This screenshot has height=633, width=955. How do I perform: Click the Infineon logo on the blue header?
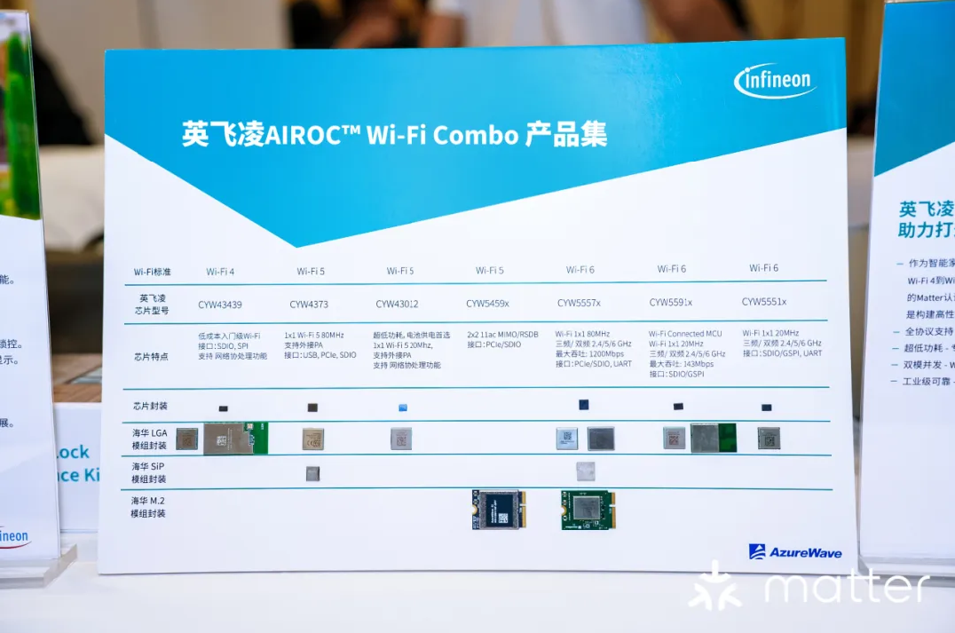(x=774, y=82)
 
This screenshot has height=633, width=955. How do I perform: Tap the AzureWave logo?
(x=794, y=552)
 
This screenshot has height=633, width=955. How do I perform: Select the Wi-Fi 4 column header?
(x=220, y=271)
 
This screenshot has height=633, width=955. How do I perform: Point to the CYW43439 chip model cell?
(x=220, y=304)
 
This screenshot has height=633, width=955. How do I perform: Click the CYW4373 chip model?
(x=310, y=305)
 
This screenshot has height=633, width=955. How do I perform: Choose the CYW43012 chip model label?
(x=397, y=304)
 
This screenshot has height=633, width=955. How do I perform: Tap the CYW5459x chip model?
(x=488, y=304)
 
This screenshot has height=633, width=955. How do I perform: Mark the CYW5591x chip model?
(x=671, y=302)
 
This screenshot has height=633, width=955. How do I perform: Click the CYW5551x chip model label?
(x=764, y=301)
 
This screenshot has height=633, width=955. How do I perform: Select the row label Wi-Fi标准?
(x=152, y=272)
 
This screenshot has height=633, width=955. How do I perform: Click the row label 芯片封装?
(x=150, y=405)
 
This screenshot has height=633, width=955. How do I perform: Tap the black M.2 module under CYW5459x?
(x=499, y=510)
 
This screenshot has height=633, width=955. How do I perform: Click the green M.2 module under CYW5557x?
(x=588, y=510)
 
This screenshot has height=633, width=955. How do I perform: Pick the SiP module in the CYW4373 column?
(x=313, y=473)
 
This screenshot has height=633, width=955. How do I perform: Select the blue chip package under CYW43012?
(x=402, y=407)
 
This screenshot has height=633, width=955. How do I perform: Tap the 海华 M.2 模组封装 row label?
(x=148, y=507)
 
